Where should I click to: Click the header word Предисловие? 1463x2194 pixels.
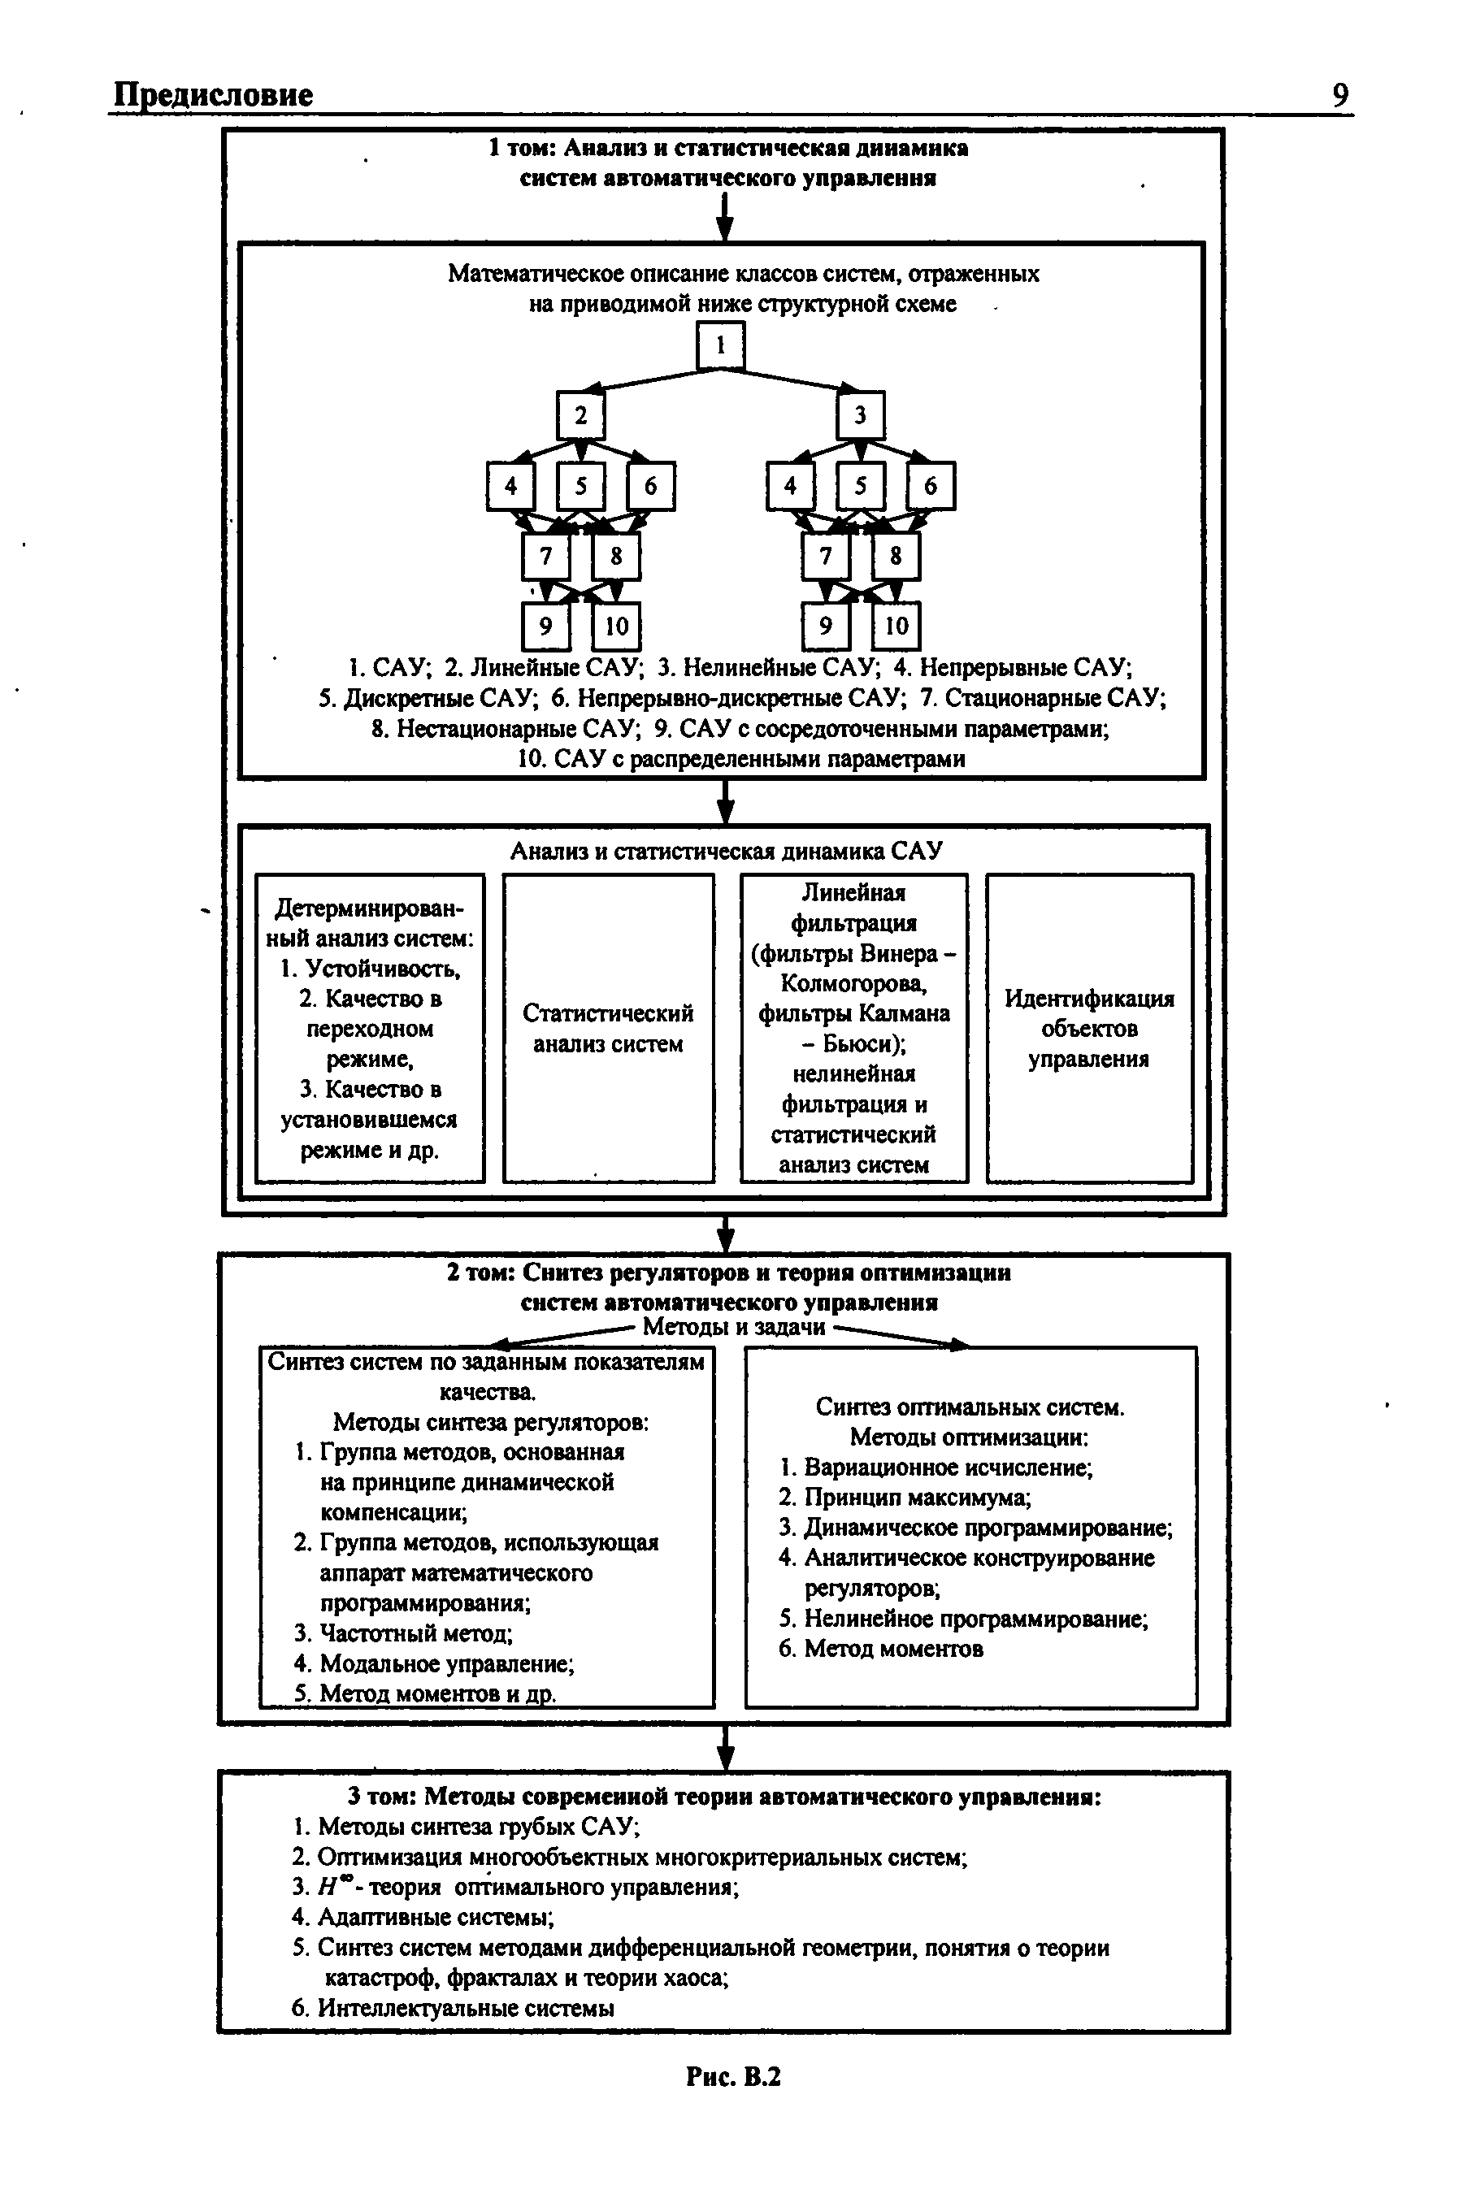point(214,95)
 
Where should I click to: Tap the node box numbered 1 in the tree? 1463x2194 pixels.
point(720,345)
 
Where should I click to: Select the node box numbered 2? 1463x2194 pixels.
point(580,415)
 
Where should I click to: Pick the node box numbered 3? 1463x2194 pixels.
point(860,415)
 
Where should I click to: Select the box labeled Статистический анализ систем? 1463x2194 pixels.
point(608,1028)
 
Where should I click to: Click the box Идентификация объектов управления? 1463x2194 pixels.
point(1089,1028)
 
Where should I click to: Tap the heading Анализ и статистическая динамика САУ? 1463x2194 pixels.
point(726,851)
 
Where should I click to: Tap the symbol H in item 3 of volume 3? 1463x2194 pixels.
point(326,1887)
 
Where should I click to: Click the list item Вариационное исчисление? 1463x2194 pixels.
point(947,1468)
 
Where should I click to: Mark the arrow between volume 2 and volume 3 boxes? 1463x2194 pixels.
point(726,1746)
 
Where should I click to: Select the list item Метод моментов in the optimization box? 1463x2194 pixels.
point(892,1648)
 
